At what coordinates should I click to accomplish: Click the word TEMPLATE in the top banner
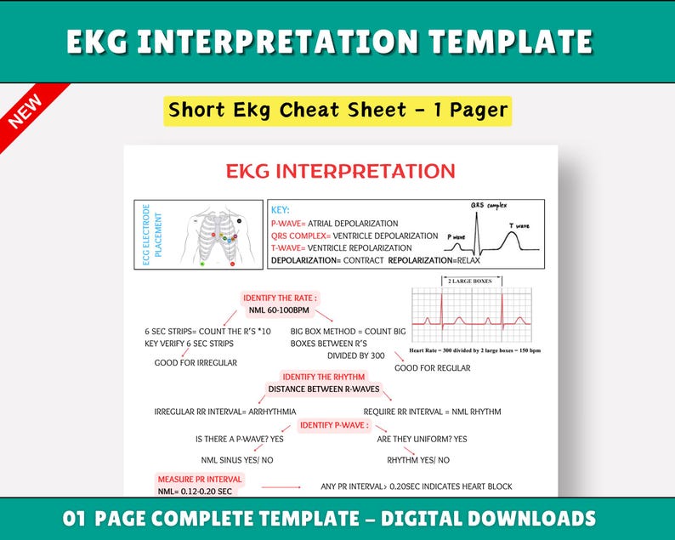[x=511, y=42]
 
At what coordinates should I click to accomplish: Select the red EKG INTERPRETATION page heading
[x=341, y=171]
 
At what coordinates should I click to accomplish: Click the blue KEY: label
[x=281, y=210]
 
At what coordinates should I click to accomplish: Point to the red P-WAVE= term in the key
[x=288, y=224]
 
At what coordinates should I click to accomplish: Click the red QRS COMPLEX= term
[x=301, y=236]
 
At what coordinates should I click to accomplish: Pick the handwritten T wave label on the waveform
[x=519, y=225]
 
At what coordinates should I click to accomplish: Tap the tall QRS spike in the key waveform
[x=477, y=233]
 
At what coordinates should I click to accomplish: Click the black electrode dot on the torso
[x=240, y=221]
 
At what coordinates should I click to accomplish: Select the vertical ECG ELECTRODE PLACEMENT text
[x=152, y=235]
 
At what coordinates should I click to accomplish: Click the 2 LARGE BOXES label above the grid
[x=469, y=281]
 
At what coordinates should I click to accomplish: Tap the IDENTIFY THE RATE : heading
[x=281, y=298]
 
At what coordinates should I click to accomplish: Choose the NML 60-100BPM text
[x=279, y=310]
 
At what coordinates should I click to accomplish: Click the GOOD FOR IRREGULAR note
[x=196, y=362]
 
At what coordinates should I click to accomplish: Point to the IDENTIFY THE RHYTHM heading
[x=324, y=377]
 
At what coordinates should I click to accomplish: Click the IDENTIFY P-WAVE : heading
[x=334, y=425]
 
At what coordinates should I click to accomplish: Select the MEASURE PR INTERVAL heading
[x=200, y=480]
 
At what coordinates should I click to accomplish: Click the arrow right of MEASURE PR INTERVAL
[x=281, y=487]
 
